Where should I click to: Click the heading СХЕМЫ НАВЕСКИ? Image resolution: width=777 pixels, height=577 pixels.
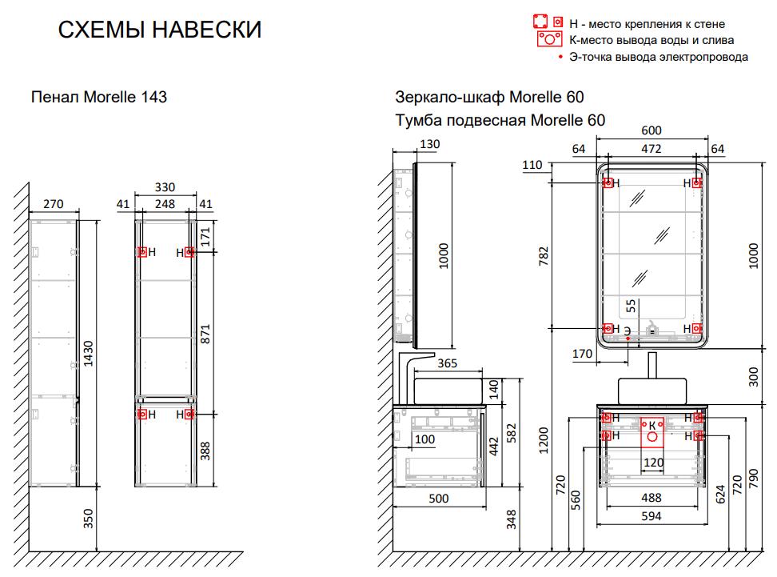pos(160,30)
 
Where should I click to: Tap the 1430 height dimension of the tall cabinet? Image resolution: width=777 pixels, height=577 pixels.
pos(88,353)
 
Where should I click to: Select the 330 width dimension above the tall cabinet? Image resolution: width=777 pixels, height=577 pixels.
pos(165,187)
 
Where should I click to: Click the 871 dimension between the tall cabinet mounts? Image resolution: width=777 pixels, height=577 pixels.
pos(205,334)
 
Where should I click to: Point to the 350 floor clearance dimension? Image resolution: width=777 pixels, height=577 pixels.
pos(88,519)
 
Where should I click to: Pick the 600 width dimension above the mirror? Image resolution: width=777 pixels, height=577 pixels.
pos(651,130)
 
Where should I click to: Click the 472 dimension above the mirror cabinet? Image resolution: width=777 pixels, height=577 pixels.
pos(651,149)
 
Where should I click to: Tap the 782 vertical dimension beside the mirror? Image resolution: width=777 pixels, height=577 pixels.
pos(544,256)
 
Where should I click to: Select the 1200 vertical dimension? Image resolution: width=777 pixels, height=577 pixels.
pos(544,440)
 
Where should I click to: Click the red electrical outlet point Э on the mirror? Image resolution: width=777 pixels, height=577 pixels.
pos(628,339)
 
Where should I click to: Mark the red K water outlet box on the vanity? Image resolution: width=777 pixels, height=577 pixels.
pos(652,432)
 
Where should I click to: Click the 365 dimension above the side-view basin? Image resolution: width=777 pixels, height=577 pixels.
pos(447,363)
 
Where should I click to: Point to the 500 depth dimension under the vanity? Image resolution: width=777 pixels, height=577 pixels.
pos(439,498)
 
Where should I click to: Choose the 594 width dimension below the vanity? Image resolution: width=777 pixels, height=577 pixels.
pos(651,516)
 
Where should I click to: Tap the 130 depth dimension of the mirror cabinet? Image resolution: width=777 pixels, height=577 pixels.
pos(429,144)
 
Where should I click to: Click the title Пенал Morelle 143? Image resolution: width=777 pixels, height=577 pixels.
pos(99,97)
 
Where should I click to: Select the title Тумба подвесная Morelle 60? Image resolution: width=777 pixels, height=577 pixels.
pos(500,120)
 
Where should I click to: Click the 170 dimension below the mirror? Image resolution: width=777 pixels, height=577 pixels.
pos(582,354)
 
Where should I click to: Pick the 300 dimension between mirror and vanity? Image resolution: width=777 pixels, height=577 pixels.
pos(753,377)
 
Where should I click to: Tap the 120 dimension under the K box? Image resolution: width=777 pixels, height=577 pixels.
pos(654,463)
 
